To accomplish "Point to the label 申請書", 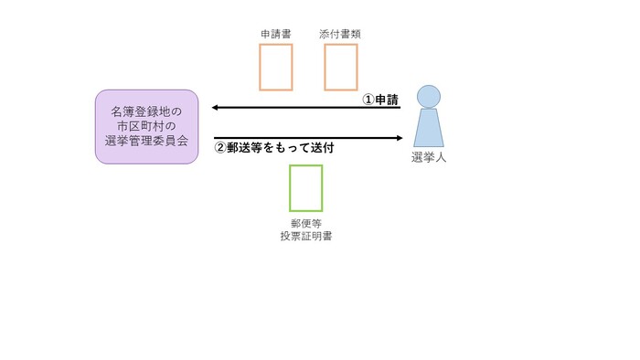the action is click(275, 35).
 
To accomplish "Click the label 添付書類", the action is click(341, 35).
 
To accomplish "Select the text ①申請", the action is click(381, 100).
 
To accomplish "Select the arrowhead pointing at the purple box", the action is click(216, 108).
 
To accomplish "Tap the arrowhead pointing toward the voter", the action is click(399, 138).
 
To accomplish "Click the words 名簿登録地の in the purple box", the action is click(146, 111).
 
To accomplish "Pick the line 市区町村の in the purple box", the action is click(146, 126).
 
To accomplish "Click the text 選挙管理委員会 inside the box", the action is click(146, 141).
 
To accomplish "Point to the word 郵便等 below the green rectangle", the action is click(305, 223).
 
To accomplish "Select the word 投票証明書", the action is click(305, 237).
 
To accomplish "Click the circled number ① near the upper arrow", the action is click(368, 100).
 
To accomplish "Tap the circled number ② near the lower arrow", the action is click(219, 146).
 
